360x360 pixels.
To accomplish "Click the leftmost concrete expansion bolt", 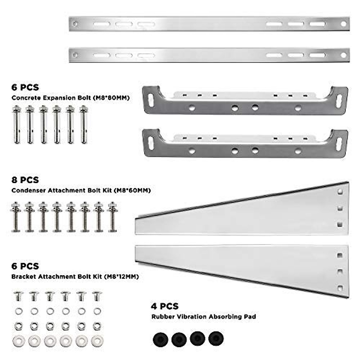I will point(16,124).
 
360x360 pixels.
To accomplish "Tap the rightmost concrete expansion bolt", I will point(84,124).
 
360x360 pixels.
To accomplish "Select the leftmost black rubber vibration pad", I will point(160,339).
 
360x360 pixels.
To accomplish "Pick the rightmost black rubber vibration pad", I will point(216,338).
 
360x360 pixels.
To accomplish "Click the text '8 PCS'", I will point(25,180).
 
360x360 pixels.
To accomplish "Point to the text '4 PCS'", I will point(165,306).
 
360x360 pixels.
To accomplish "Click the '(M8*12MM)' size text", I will point(121,277).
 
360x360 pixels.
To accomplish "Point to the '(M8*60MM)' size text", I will point(132,190).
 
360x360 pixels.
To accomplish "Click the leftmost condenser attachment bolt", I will point(16,217).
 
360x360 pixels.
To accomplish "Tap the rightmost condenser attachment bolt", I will point(112,217).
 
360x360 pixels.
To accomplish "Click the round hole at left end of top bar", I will point(75,24).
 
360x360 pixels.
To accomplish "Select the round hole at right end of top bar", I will point(344,24).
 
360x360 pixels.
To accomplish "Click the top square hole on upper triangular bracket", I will point(340,191).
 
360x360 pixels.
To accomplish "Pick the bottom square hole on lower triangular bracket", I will point(340,288).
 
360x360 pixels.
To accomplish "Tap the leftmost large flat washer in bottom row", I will point(18,341).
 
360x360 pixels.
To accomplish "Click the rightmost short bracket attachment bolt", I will point(97,296).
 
